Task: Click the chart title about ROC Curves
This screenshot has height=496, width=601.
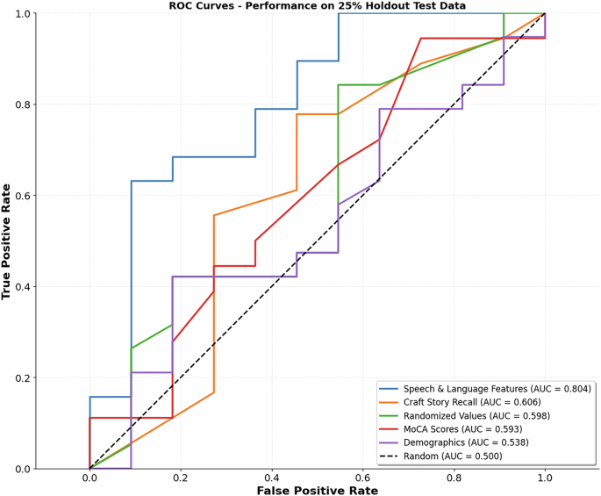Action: (x=318, y=6)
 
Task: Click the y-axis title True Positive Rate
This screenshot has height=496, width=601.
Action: (x=7, y=241)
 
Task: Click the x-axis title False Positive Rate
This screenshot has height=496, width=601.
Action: (x=317, y=490)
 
